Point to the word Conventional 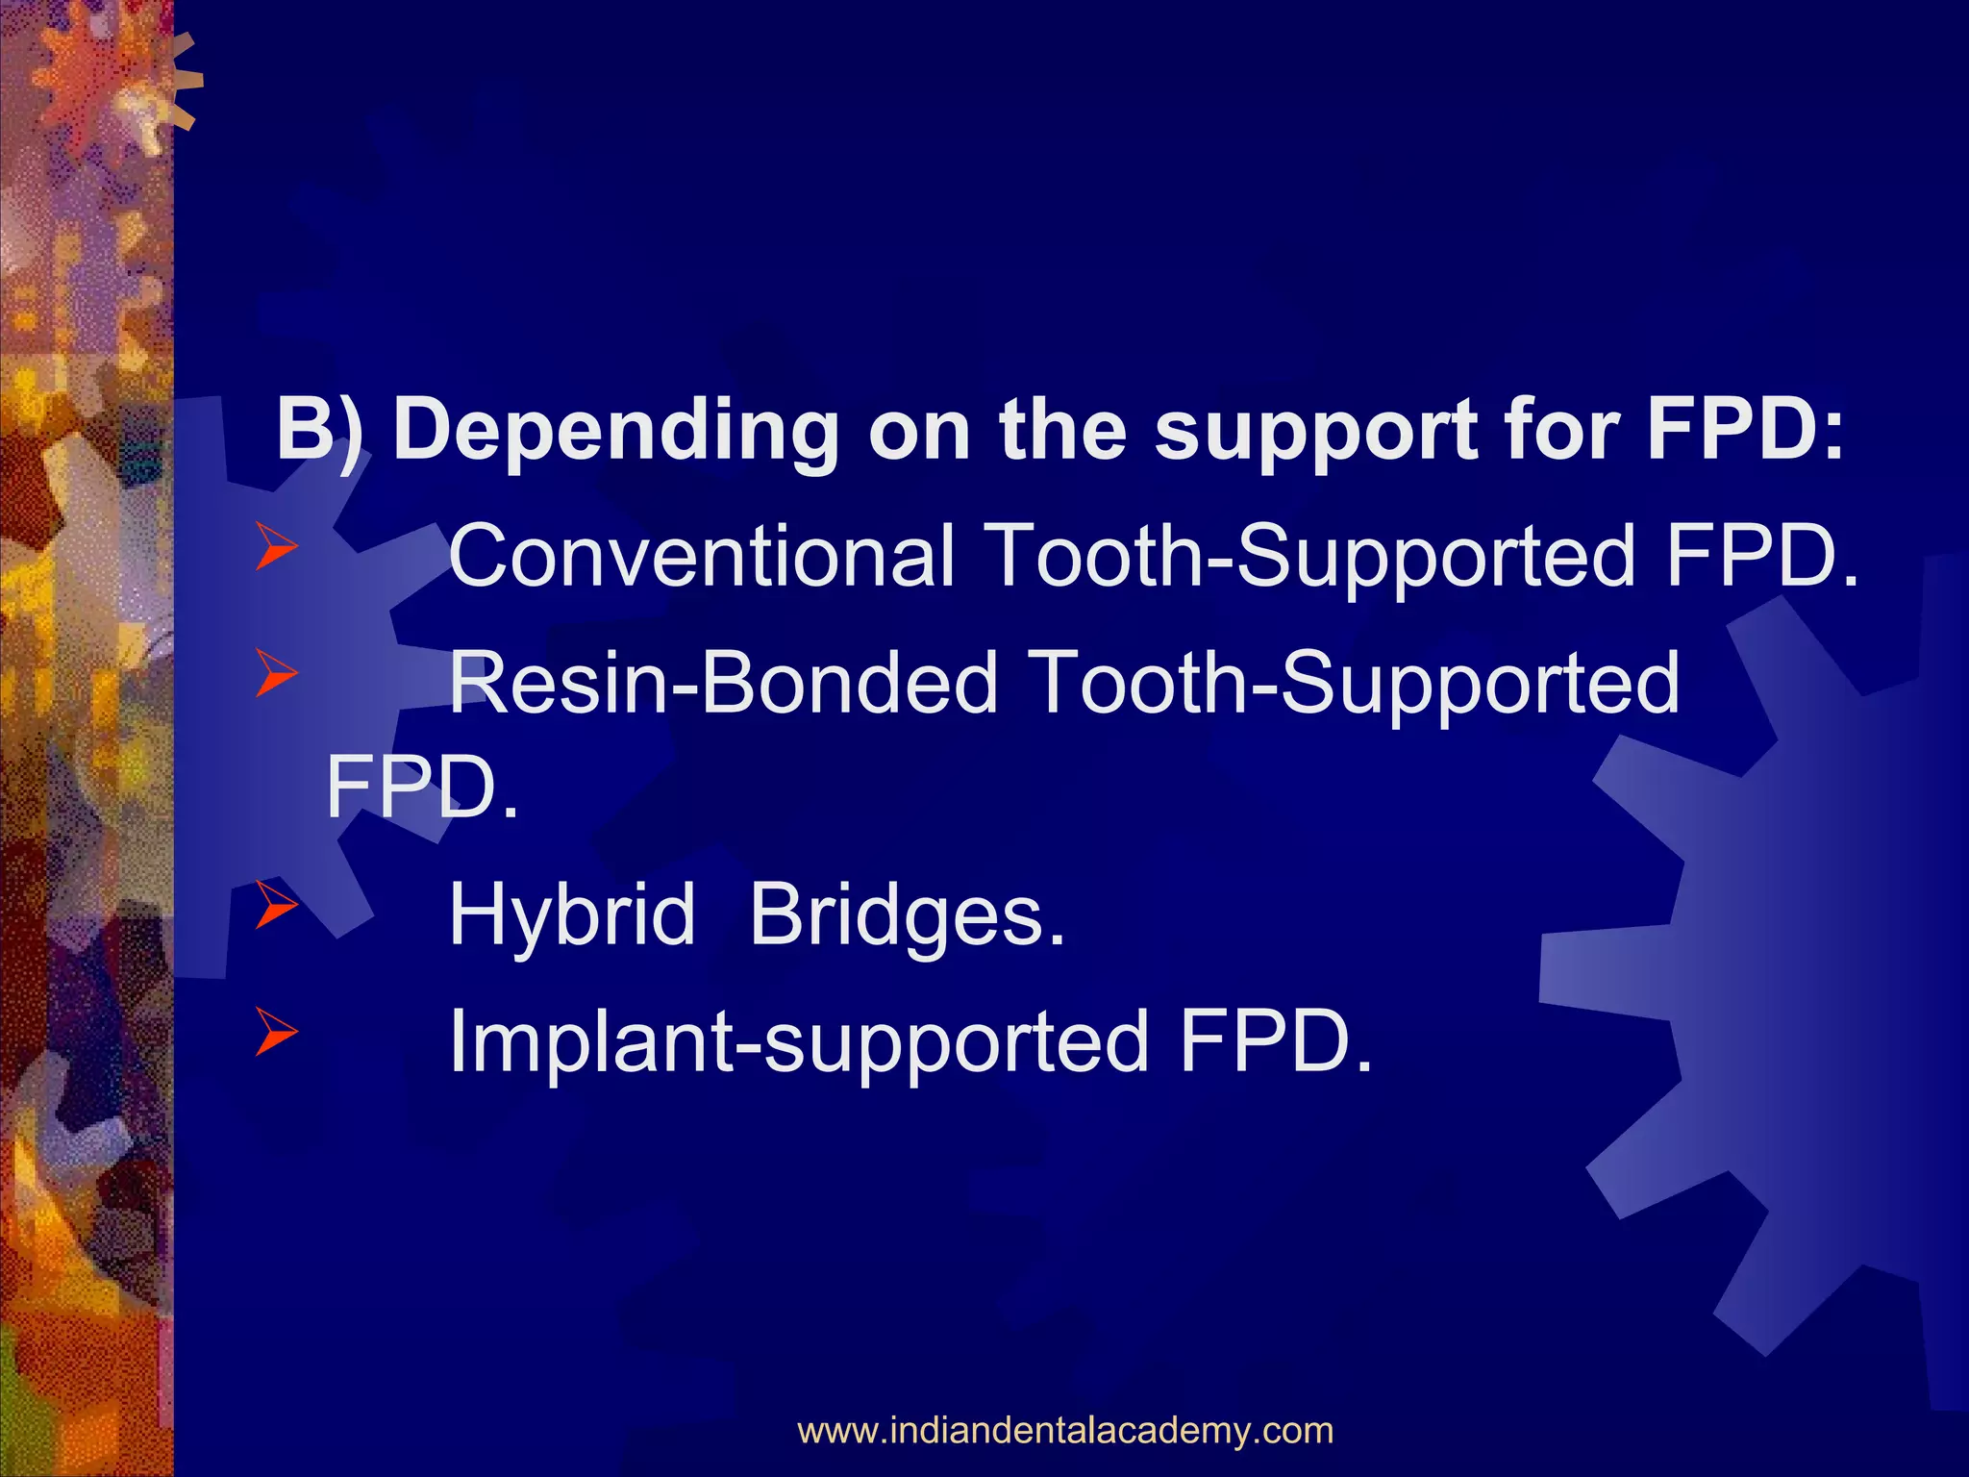pyautogui.click(x=703, y=556)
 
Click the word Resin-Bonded pyautogui.click(x=724, y=683)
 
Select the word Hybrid pyautogui.click(x=572, y=914)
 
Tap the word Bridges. pyautogui.click(x=907, y=914)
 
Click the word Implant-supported pyautogui.click(x=799, y=1041)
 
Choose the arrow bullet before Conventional pyautogui.click(x=277, y=549)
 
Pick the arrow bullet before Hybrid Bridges pyautogui.click(x=277, y=906)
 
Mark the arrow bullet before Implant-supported pyautogui.click(x=277, y=1034)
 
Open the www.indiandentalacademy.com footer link pyautogui.click(x=1065, y=1430)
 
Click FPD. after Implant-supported pyautogui.click(x=1276, y=1041)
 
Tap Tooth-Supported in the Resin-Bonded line pyautogui.click(x=1353, y=683)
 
